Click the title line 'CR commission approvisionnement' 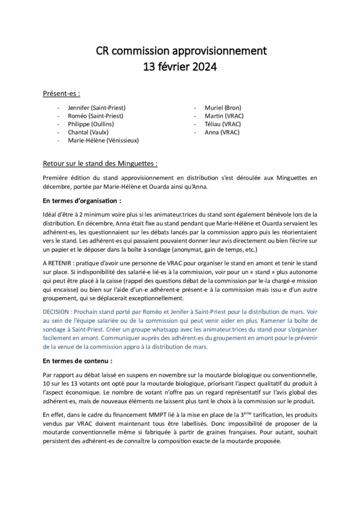[180, 51]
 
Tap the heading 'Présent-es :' [62, 93]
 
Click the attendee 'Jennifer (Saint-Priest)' [96, 107]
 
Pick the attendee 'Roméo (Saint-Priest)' [95, 116]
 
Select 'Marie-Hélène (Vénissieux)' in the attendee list [103, 141]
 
